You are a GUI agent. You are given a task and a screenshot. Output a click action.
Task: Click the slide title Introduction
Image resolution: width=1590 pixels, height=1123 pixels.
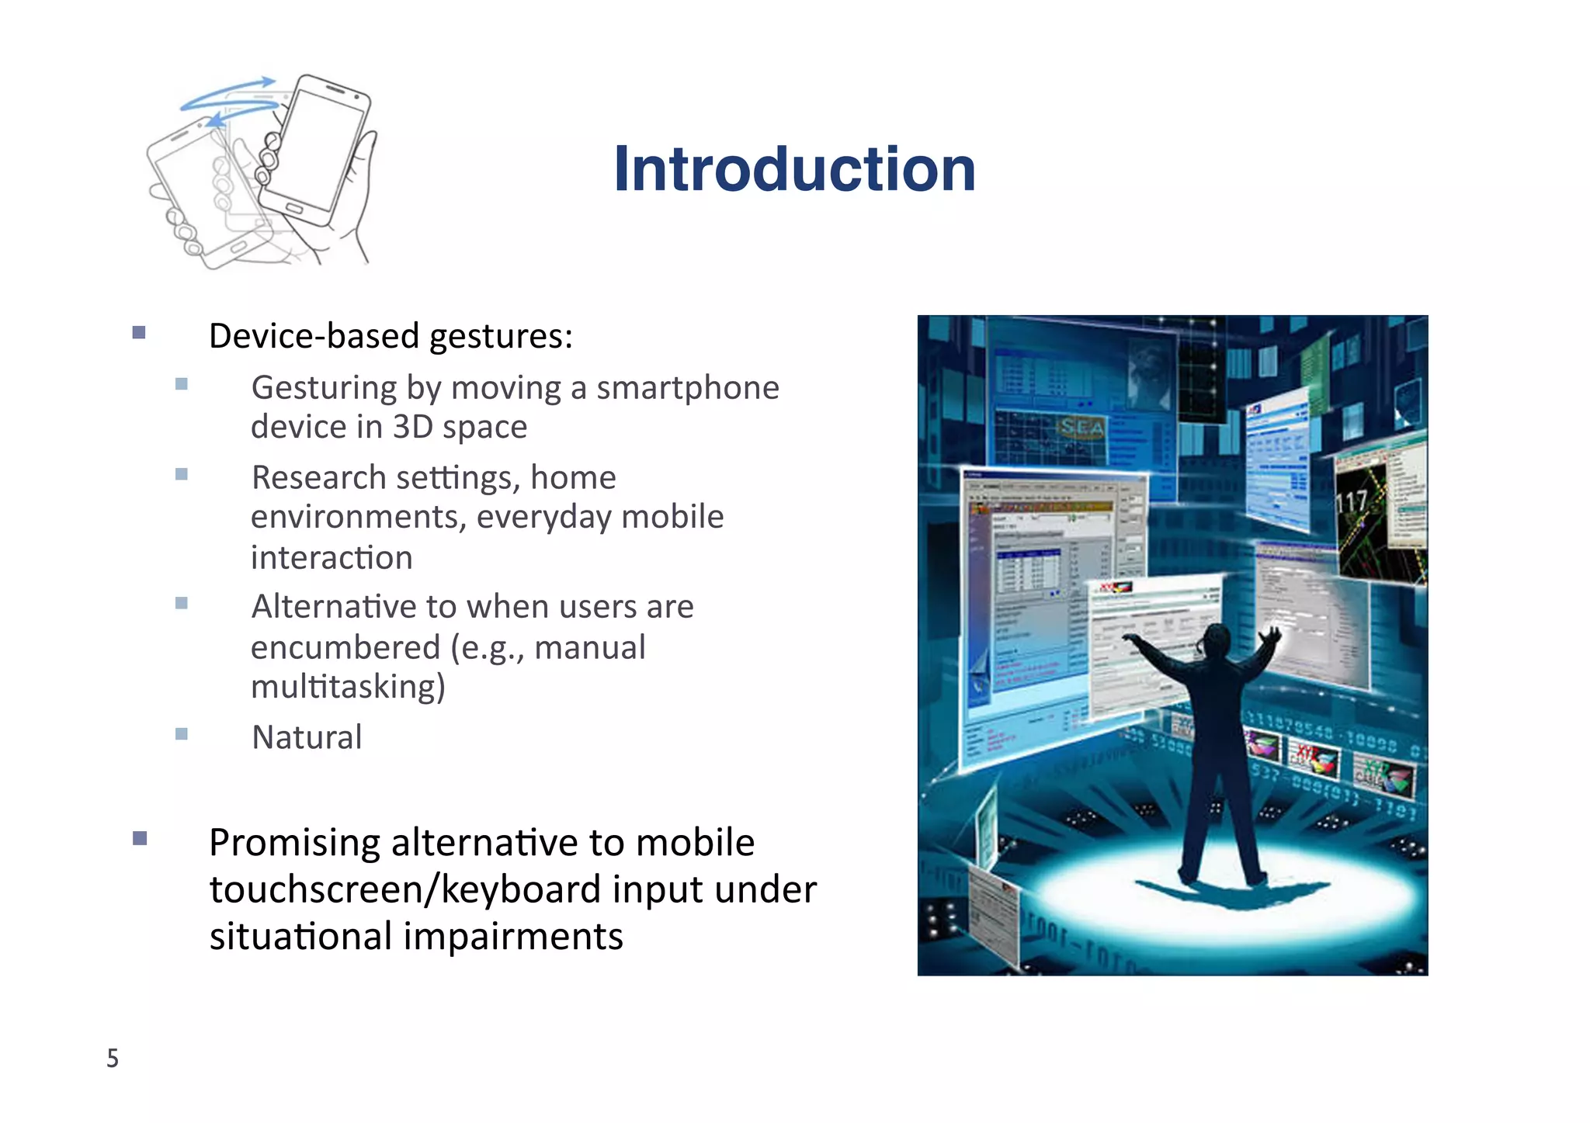tap(794, 169)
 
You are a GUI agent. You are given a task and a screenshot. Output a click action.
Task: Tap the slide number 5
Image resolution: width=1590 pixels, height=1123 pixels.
tap(113, 1058)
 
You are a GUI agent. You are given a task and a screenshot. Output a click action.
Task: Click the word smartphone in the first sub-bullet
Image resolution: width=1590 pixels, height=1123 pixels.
tap(687, 387)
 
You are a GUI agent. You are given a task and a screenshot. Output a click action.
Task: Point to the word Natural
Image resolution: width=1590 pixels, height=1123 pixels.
tap(307, 737)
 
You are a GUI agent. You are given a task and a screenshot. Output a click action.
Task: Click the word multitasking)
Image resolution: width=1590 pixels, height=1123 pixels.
tap(348, 687)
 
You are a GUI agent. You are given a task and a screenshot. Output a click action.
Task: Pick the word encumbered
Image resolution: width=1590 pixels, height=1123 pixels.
tap(345, 647)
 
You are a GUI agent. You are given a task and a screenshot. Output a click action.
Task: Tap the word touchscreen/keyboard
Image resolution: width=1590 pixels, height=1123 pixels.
tap(401, 889)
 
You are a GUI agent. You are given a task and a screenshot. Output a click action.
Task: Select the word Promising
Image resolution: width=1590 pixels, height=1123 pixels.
tap(295, 843)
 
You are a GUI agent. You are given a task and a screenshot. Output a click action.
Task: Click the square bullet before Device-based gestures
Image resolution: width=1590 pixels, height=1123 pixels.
tap(139, 333)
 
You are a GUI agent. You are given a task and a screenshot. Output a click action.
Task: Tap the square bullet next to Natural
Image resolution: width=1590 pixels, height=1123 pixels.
tap(182, 734)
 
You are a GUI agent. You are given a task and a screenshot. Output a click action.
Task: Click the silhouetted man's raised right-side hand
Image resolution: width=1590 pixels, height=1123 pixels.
tap(1270, 636)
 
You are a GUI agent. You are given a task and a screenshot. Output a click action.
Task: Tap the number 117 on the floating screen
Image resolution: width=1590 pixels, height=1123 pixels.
tap(1352, 502)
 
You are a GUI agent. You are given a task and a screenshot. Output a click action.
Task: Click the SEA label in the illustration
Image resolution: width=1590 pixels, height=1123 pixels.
tap(1081, 426)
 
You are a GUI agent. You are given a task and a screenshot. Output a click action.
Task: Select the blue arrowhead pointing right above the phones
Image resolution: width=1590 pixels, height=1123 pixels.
tap(266, 81)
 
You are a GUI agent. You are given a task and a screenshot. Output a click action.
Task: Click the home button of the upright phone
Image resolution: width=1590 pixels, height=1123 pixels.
tap(293, 209)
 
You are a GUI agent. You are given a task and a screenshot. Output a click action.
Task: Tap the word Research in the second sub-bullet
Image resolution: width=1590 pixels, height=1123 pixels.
tap(319, 478)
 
